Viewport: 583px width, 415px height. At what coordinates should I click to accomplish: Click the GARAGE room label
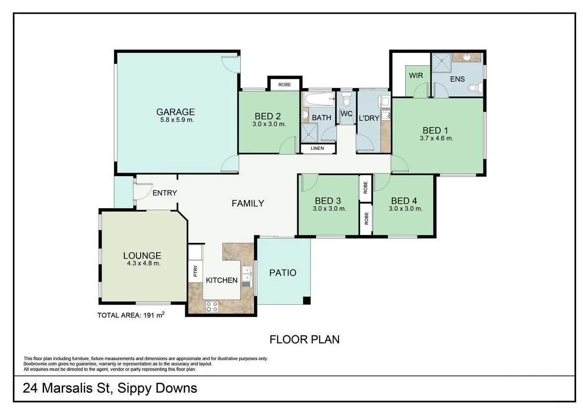[175, 112]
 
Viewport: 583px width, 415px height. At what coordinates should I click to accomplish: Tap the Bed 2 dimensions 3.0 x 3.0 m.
[269, 124]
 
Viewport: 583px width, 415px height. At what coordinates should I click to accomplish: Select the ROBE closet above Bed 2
[284, 85]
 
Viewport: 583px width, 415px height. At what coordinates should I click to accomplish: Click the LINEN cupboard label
[318, 148]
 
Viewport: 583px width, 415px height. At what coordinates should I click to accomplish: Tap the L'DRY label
[368, 118]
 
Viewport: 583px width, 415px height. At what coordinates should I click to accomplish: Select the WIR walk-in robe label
[415, 76]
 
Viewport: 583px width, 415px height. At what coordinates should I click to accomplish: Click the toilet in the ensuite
[474, 89]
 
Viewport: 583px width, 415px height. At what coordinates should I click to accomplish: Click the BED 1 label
[436, 131]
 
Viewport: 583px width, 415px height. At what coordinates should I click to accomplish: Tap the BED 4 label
[404, 201]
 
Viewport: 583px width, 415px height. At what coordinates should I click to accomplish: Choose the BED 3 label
[328, 201]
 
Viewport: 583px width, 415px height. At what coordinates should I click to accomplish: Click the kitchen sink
[246, 275]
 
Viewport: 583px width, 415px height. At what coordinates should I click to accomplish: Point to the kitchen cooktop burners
[212, 307]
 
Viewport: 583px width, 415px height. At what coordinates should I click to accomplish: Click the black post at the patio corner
[307, 300]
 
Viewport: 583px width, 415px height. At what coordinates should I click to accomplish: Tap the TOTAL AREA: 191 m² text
[131, 315]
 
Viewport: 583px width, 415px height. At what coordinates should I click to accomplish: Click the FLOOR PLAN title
[304, 339]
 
